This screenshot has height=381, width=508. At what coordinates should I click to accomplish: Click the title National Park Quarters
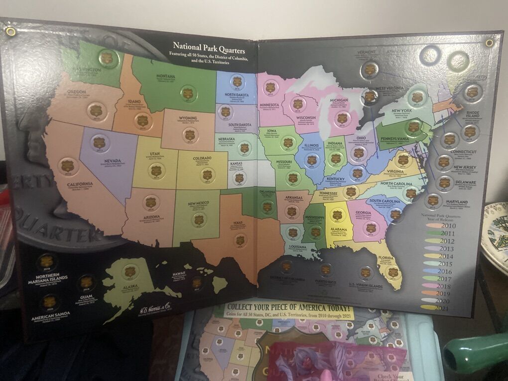click(208, 49)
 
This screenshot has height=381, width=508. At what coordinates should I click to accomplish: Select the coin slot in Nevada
click(99, 143)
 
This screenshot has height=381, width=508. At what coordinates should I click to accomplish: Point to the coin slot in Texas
click(240, 240)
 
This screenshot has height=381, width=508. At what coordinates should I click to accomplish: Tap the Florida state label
click(386, 258)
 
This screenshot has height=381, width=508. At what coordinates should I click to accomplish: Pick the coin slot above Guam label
click(87, 282)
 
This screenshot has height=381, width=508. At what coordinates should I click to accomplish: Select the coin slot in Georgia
click(371, 228)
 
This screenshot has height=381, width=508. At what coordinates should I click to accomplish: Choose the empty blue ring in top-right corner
click(429, 56)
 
